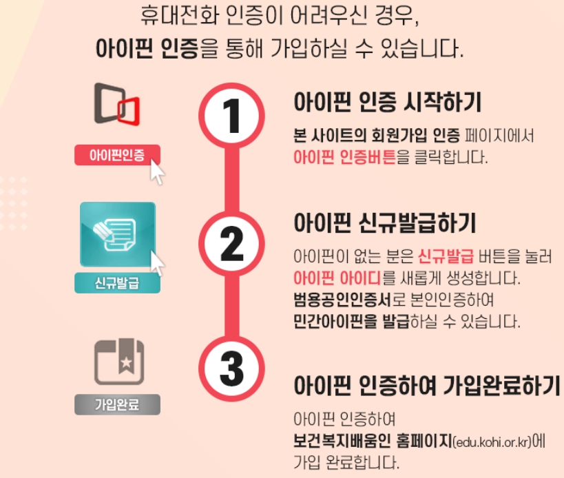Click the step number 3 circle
(x=231, y=369)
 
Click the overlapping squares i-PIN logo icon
(x=117, y=107)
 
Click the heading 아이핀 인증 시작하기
(x=387, y=103)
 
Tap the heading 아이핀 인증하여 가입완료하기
(x=426, y=385)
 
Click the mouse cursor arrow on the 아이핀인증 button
(x=158, y=172)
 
